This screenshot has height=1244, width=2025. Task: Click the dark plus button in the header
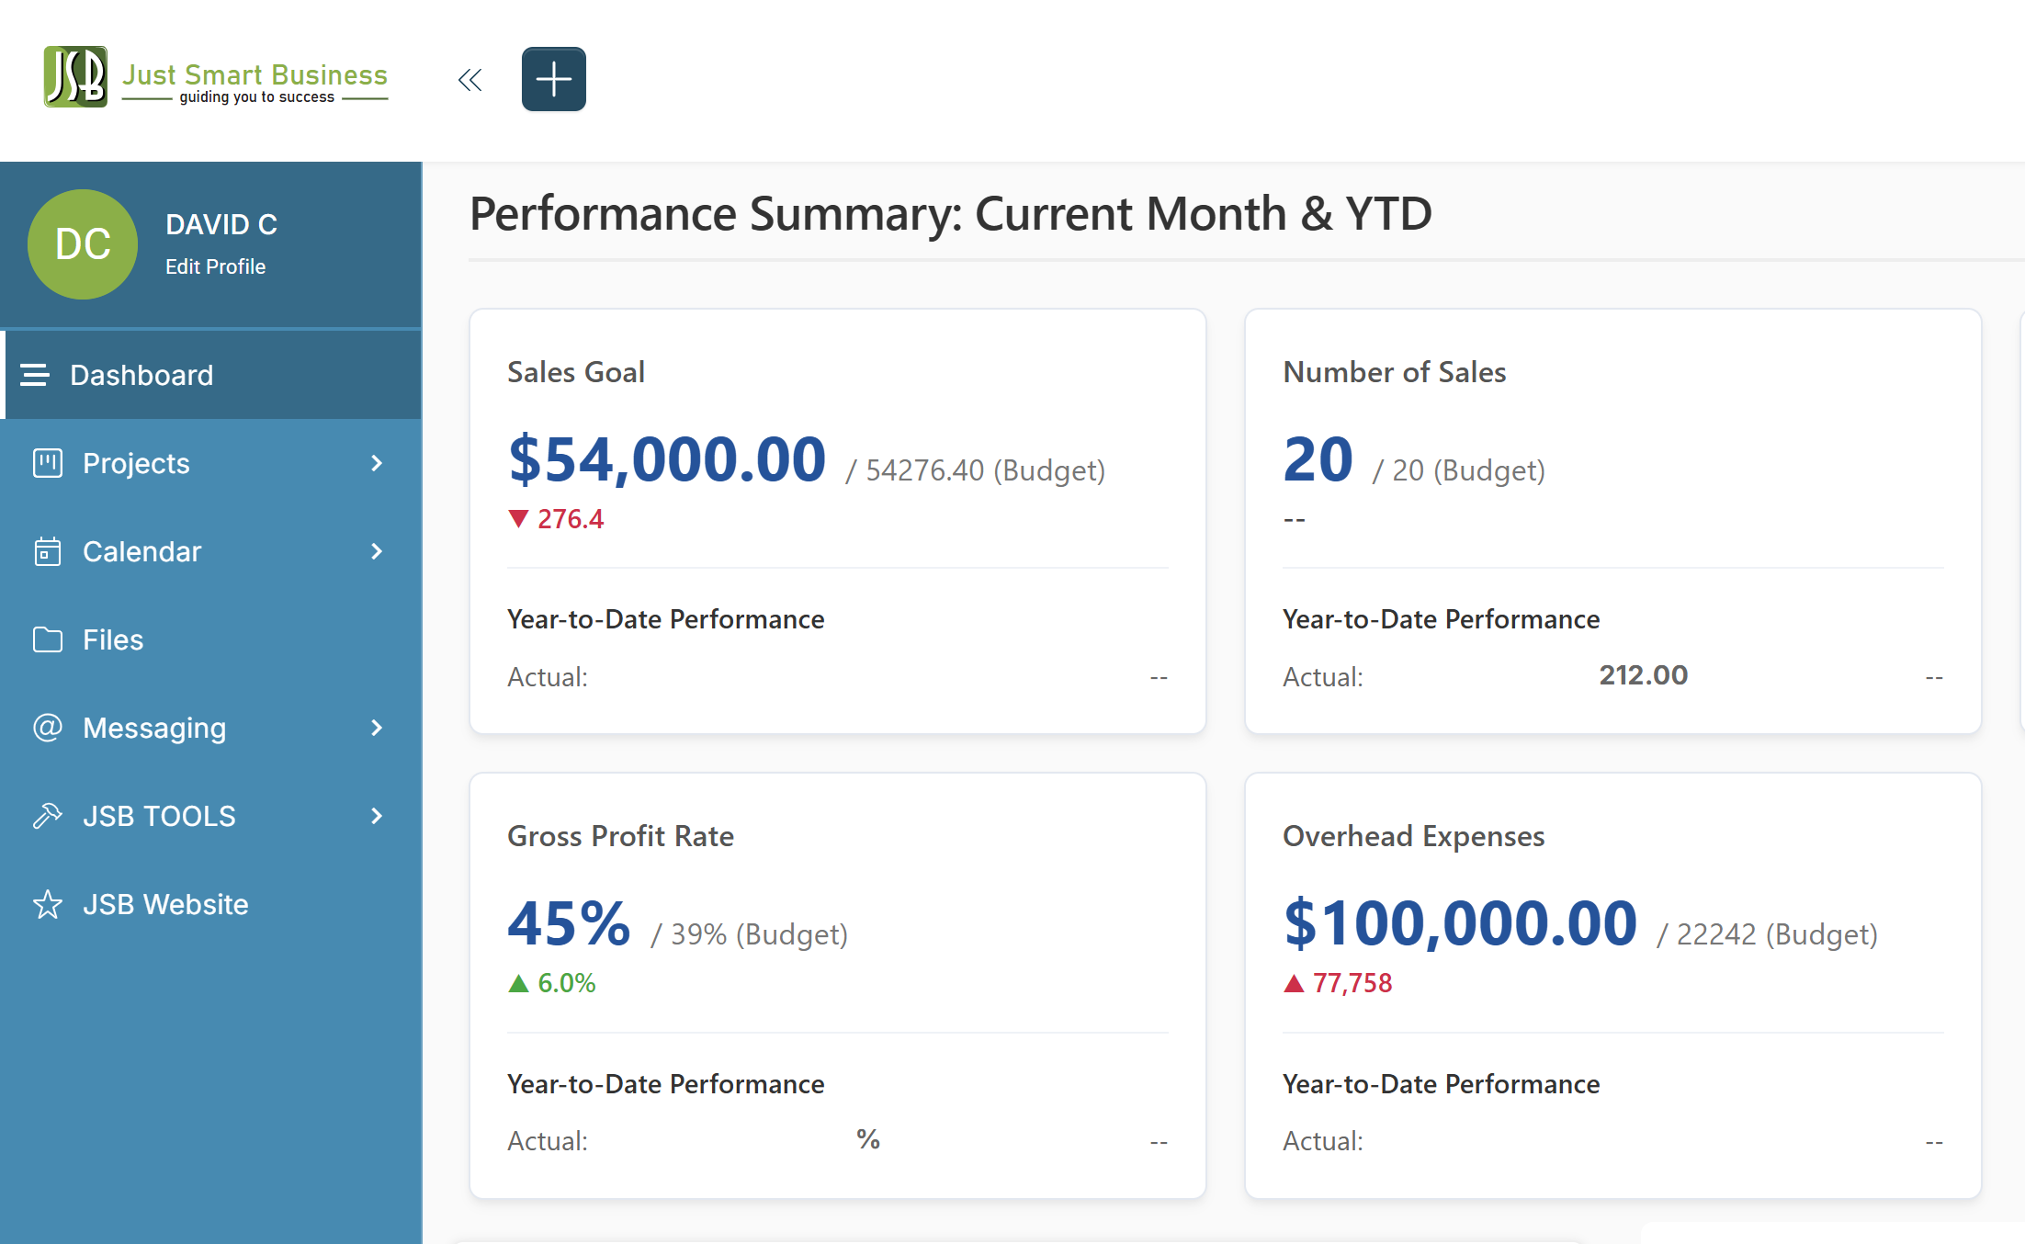(553, 79)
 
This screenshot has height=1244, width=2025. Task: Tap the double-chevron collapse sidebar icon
(469, 80)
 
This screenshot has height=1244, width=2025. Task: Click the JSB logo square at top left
(75, 77)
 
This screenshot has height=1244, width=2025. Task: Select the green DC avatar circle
(83, 244)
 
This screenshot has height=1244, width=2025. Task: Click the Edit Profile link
(215, 266)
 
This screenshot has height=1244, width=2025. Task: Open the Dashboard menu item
(141, 375)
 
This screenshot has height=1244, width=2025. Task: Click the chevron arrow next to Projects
(377, 463)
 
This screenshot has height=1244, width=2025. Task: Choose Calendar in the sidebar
(141, 551)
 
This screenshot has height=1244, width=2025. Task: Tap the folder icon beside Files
(48, 639)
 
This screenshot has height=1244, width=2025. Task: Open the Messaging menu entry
(154, 728)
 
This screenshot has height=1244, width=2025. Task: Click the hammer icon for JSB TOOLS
(48, 816)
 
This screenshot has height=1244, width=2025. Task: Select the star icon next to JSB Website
(48, 904)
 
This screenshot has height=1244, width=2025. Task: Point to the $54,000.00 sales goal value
(667, 459)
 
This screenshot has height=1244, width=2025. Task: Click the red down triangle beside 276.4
(518, 519)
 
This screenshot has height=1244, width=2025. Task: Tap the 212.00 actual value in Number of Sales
(1643, 675)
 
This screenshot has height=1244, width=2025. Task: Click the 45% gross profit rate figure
(569, 923)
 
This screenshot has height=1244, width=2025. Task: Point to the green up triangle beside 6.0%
(518, 983)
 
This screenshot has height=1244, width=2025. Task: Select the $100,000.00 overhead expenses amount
(1460, 923)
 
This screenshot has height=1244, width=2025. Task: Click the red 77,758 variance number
(1352, 983)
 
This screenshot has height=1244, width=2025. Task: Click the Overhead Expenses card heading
(1413, 836)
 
